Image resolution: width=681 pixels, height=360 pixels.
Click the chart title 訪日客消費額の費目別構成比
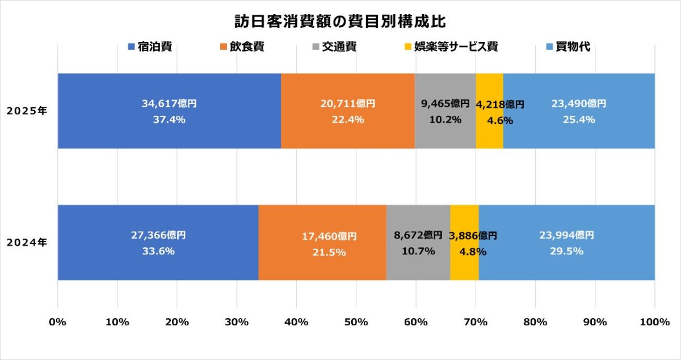(340, 22)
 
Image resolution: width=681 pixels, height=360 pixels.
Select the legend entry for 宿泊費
(150, 47)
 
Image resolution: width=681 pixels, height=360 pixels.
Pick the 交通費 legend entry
(334, 47)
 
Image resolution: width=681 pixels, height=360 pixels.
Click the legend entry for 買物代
(568, 47)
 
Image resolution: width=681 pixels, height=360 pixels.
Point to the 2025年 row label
(27, 111)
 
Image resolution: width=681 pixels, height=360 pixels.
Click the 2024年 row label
(27, 242)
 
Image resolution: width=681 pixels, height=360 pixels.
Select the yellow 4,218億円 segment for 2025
(489, 136)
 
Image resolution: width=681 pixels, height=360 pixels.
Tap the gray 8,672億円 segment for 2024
(418, 267)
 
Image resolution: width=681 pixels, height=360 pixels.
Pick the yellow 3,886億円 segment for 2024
(464, 267)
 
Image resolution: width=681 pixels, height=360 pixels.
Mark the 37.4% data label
(169, 119)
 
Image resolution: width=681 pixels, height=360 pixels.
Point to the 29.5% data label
(566, 250)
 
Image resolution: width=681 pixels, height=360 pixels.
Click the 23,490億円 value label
(578, 104)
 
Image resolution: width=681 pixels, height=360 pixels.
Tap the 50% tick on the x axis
(356, 322)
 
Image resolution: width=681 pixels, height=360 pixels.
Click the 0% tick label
(58, 322)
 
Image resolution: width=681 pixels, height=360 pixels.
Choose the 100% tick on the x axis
(654, 322)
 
